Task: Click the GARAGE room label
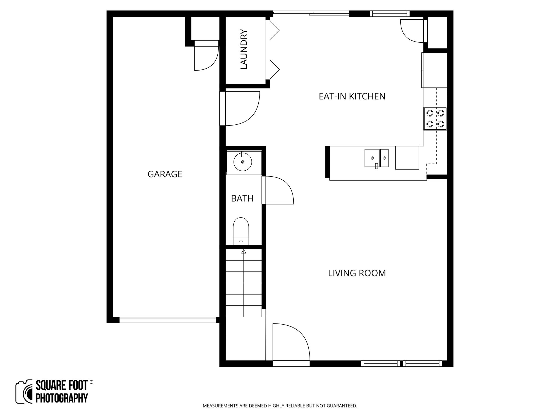[x=165, y=174]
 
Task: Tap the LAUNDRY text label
[x=244, y=49]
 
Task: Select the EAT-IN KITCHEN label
[x=352, y=97]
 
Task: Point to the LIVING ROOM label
[x=357, y=273]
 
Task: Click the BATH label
[x=242, y=199]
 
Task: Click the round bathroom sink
[x=243, y=162]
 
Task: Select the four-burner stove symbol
[x=435, y=118]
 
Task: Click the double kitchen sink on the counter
[x=376, y=158]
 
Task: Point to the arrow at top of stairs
[x=244, y=252]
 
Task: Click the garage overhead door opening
[x=168, y=320]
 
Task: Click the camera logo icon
[x=24, y=392]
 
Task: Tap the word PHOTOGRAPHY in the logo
[x=62, y=398]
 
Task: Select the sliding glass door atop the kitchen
[x=311, y=14]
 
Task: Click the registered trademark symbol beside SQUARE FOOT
[x=91, y=382]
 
